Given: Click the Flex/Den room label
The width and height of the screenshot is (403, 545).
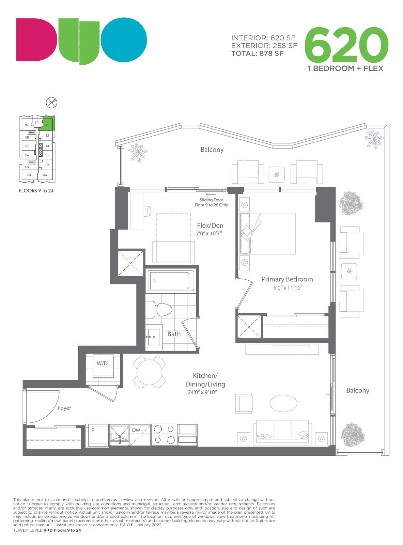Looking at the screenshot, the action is tap(210, 225).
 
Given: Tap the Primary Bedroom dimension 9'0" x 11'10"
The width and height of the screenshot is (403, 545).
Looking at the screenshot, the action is tap(288, 287).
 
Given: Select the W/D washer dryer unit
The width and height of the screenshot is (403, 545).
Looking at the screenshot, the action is tap(103, 365).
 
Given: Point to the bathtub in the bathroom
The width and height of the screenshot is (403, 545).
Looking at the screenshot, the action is tap(171, 281).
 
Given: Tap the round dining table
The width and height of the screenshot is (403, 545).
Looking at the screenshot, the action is tap(149, 372).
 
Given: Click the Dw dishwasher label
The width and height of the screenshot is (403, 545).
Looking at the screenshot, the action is tap(136, 430).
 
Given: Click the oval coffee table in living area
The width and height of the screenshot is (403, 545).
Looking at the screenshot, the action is tap(283, 403).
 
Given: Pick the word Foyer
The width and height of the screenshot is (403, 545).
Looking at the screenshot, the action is tap(64, 408).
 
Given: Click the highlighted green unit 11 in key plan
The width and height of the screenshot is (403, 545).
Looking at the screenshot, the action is tap(47, 123).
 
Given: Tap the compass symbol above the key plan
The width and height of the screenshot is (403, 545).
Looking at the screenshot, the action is tap(51, 103).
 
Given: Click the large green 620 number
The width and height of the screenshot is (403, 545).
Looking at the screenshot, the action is tap(346, 45).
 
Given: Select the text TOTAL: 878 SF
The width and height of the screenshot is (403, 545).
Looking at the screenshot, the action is tap(258, 53).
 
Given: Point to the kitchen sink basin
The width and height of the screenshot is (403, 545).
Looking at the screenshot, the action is tap(120, 435).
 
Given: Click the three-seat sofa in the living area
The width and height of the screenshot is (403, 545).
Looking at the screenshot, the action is tap(282, 432).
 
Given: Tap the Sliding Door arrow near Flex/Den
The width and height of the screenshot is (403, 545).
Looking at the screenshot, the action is tap(211, 194).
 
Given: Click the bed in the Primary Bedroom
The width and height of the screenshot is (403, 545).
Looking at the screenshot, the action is tap(267, 233).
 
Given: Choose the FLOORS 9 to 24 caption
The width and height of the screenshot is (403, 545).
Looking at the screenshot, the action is tap(36, 191).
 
